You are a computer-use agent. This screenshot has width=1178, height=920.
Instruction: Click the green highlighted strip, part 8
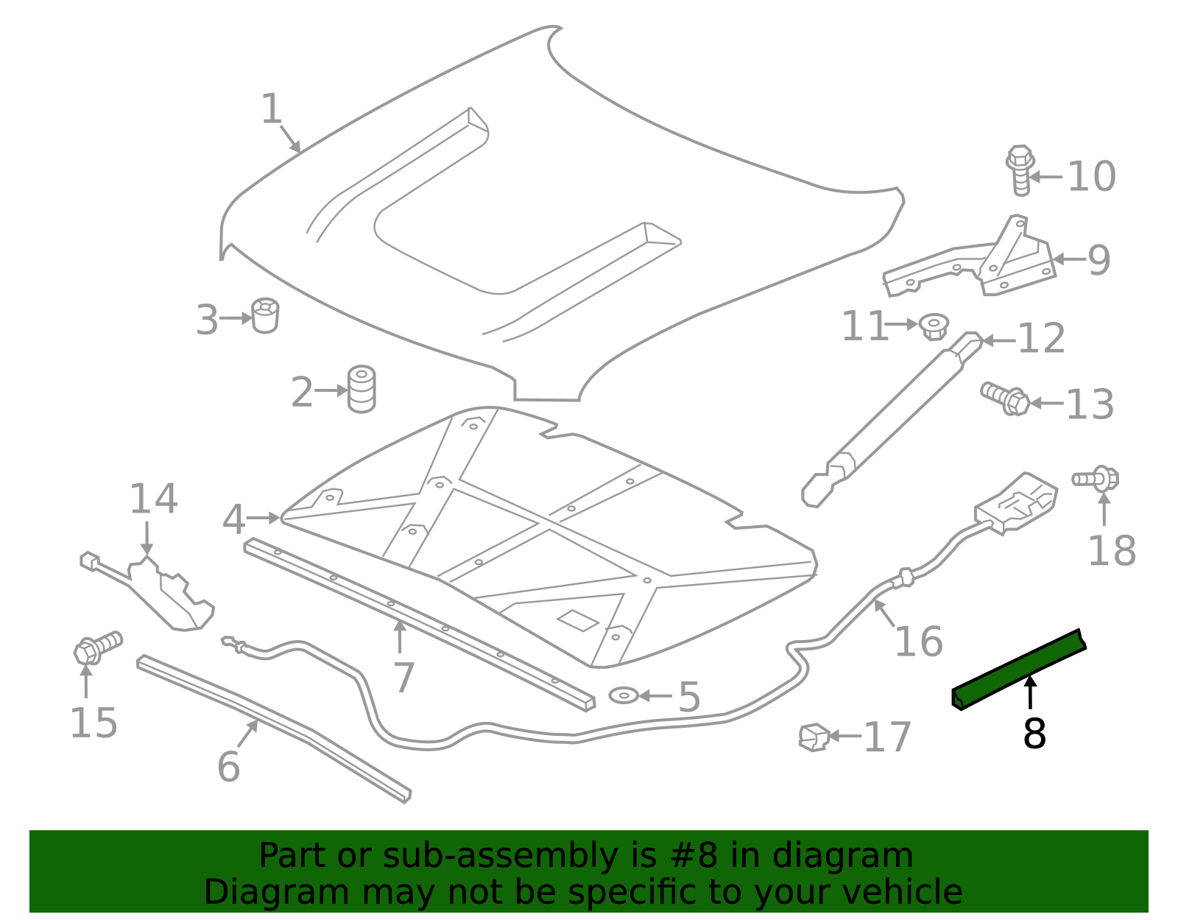(1019, 670)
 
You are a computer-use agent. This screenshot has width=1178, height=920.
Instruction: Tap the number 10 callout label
(1091, 177)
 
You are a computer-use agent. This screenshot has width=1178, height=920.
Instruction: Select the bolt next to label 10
(1020, 169)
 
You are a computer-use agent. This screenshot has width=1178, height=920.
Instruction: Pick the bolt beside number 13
(1005, 398)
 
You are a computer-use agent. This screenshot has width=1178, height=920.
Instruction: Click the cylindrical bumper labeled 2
(361, 389)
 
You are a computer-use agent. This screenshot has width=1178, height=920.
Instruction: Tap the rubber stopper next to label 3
(265, 315)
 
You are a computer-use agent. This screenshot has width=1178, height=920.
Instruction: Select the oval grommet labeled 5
(624, 695)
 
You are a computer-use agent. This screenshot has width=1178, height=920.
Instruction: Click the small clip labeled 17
(814, 737)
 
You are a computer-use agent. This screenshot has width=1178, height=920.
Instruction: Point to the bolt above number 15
(98, 647)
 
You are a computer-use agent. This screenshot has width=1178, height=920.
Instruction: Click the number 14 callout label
(153, 499)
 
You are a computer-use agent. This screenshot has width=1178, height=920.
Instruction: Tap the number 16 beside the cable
(920, 642)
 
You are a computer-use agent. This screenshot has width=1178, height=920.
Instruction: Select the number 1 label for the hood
(272, 109)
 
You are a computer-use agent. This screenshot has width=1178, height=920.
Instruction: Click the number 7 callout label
(404, 678)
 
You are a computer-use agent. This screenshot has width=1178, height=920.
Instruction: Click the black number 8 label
(1034, 734)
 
